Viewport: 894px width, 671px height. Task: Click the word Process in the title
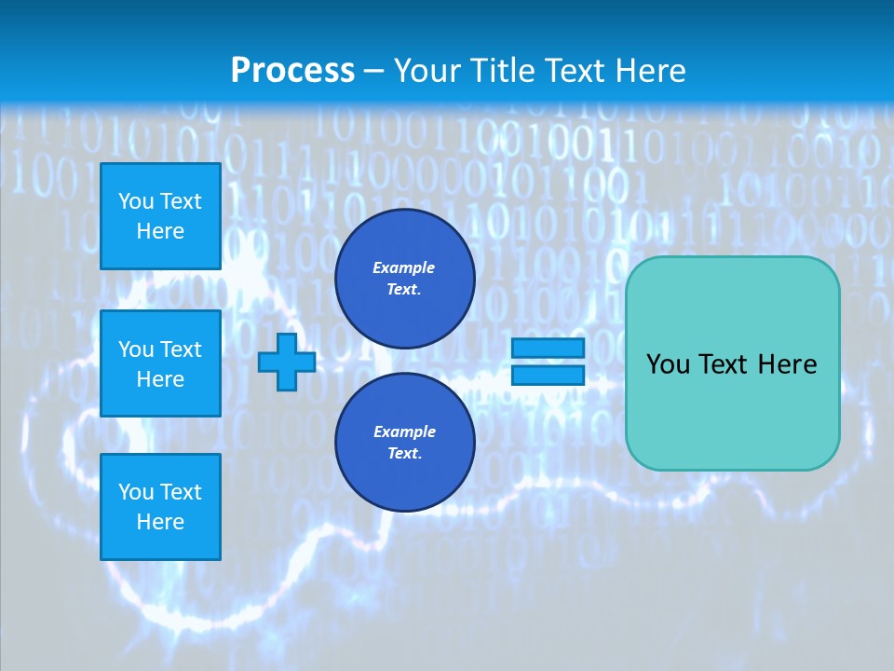[x=292, y=71]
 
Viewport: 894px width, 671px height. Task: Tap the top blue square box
[x=160, y=216]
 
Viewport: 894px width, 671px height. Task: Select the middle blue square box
[x=160, y=363]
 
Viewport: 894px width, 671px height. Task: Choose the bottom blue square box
[x=160, y=507]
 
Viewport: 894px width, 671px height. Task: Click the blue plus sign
[x=287, y=362]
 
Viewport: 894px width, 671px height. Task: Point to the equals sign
[x=548, y=362]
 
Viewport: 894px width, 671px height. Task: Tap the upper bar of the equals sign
[x=548, y=349]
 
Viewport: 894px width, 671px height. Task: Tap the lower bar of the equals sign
[x=548, y=375]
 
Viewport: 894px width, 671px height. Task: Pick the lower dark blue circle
[x=404, y=443]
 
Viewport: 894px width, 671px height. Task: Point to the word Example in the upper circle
[x=404, y=267]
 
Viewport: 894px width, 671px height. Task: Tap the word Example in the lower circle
[x=404, y=431]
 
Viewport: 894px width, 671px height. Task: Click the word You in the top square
[x=136, y=201]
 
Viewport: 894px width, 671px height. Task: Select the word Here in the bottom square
[x=160, y=522]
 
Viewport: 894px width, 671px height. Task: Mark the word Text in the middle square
[x=181, y=349]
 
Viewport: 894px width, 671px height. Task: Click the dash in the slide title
[x=374, y=71]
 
